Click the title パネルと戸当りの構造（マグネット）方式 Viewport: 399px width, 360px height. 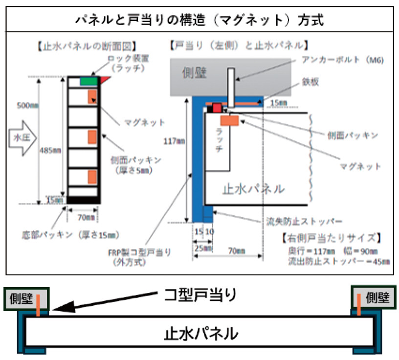(199, 20)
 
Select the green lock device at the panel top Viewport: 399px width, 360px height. (88, 81)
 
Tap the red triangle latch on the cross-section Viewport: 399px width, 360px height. (105, 79)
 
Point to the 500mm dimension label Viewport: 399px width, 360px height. (28, 105)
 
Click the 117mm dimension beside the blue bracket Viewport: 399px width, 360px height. (175, 141)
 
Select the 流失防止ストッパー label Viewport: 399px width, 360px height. (303, 220)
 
